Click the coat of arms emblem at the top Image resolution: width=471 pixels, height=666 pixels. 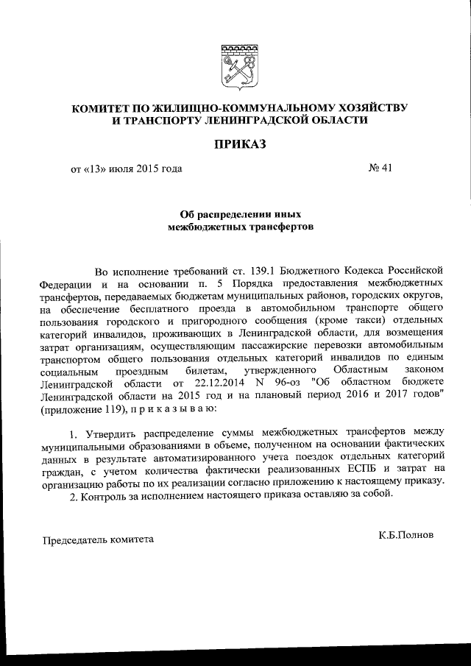(x=235, y=65)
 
